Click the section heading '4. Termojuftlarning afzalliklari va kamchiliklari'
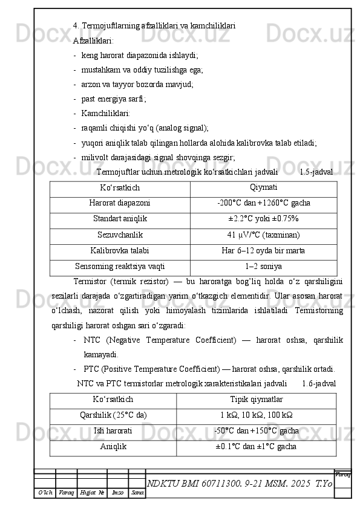click(x=154, y=26)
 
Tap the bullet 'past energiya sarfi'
click(x=114, y=99)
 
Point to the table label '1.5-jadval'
click(x=316, y=172)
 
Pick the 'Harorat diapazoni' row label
click(x=120, y=203)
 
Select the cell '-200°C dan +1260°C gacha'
click(x=263, y=203)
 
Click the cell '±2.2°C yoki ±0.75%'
click(x=263, y=219)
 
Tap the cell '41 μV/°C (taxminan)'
click(x=263, y=235)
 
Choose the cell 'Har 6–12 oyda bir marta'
click(x=263, y=250)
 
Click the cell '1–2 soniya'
click(x=263, y=266)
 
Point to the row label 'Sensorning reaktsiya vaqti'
click(x=120, y=266)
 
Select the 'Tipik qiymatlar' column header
click(x=256, y=400)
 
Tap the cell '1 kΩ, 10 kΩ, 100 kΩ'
click(x=256, y=415)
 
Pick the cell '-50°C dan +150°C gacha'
click(x=256, y=431)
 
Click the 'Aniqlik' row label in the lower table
click(x=113, y=447)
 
